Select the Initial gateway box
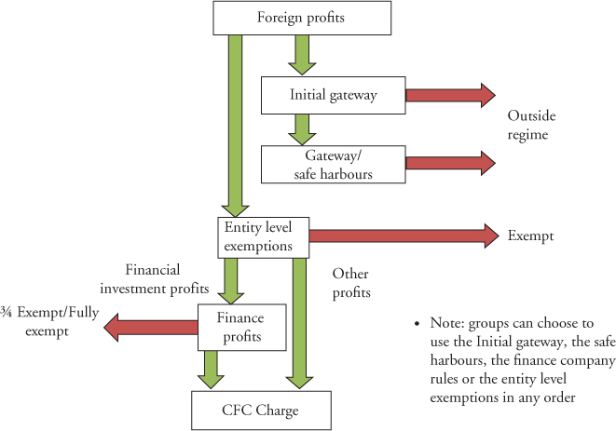(333, 94)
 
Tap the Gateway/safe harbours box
(333, 163)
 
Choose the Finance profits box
(241, 326)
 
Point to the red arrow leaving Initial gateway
(449, 94)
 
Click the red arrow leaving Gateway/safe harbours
(449, 163)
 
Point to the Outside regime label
(531, 126)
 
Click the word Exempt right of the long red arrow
(530, 236)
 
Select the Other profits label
(352, 283)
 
